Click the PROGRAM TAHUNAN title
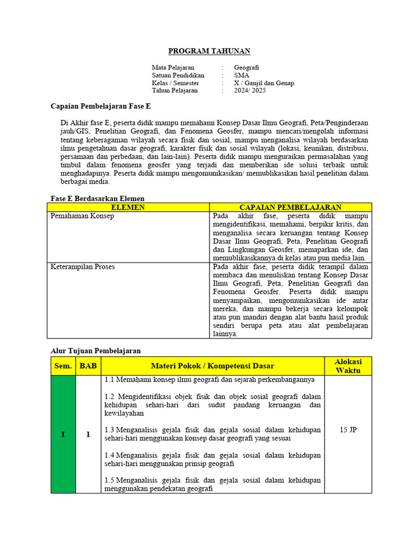tap(209, 51)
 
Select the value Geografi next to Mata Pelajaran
tap(247, 68)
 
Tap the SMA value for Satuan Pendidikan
tap(242, 75)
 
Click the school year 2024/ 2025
tap(250, 91)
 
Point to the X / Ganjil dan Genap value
tap(264, 83)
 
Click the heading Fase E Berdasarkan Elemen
tap(97, 199)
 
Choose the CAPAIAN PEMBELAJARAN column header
tap(290, 207)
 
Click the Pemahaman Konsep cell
tap(82, 216)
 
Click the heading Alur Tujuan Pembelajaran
tap(95, 350)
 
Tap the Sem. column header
tap(63, 366)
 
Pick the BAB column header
tap(88, 366)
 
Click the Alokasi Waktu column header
tap(348, 366)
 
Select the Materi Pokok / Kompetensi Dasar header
tap(212, 366)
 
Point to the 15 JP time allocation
tap(348, 430)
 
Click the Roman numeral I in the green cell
tap(63, 435)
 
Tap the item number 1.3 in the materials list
tap(110, 430)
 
